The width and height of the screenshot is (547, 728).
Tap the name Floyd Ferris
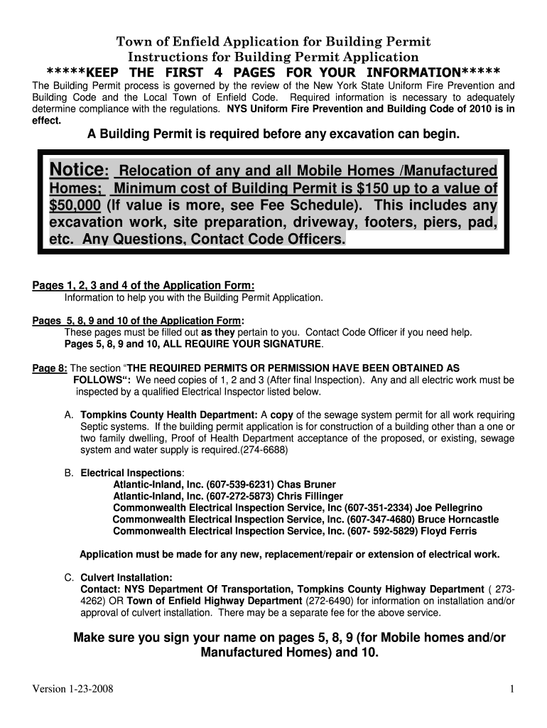(x=446, y=530)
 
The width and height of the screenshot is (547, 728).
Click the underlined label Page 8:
(x=50, y=368)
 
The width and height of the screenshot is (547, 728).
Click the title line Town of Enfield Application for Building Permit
(x=273, y=42)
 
